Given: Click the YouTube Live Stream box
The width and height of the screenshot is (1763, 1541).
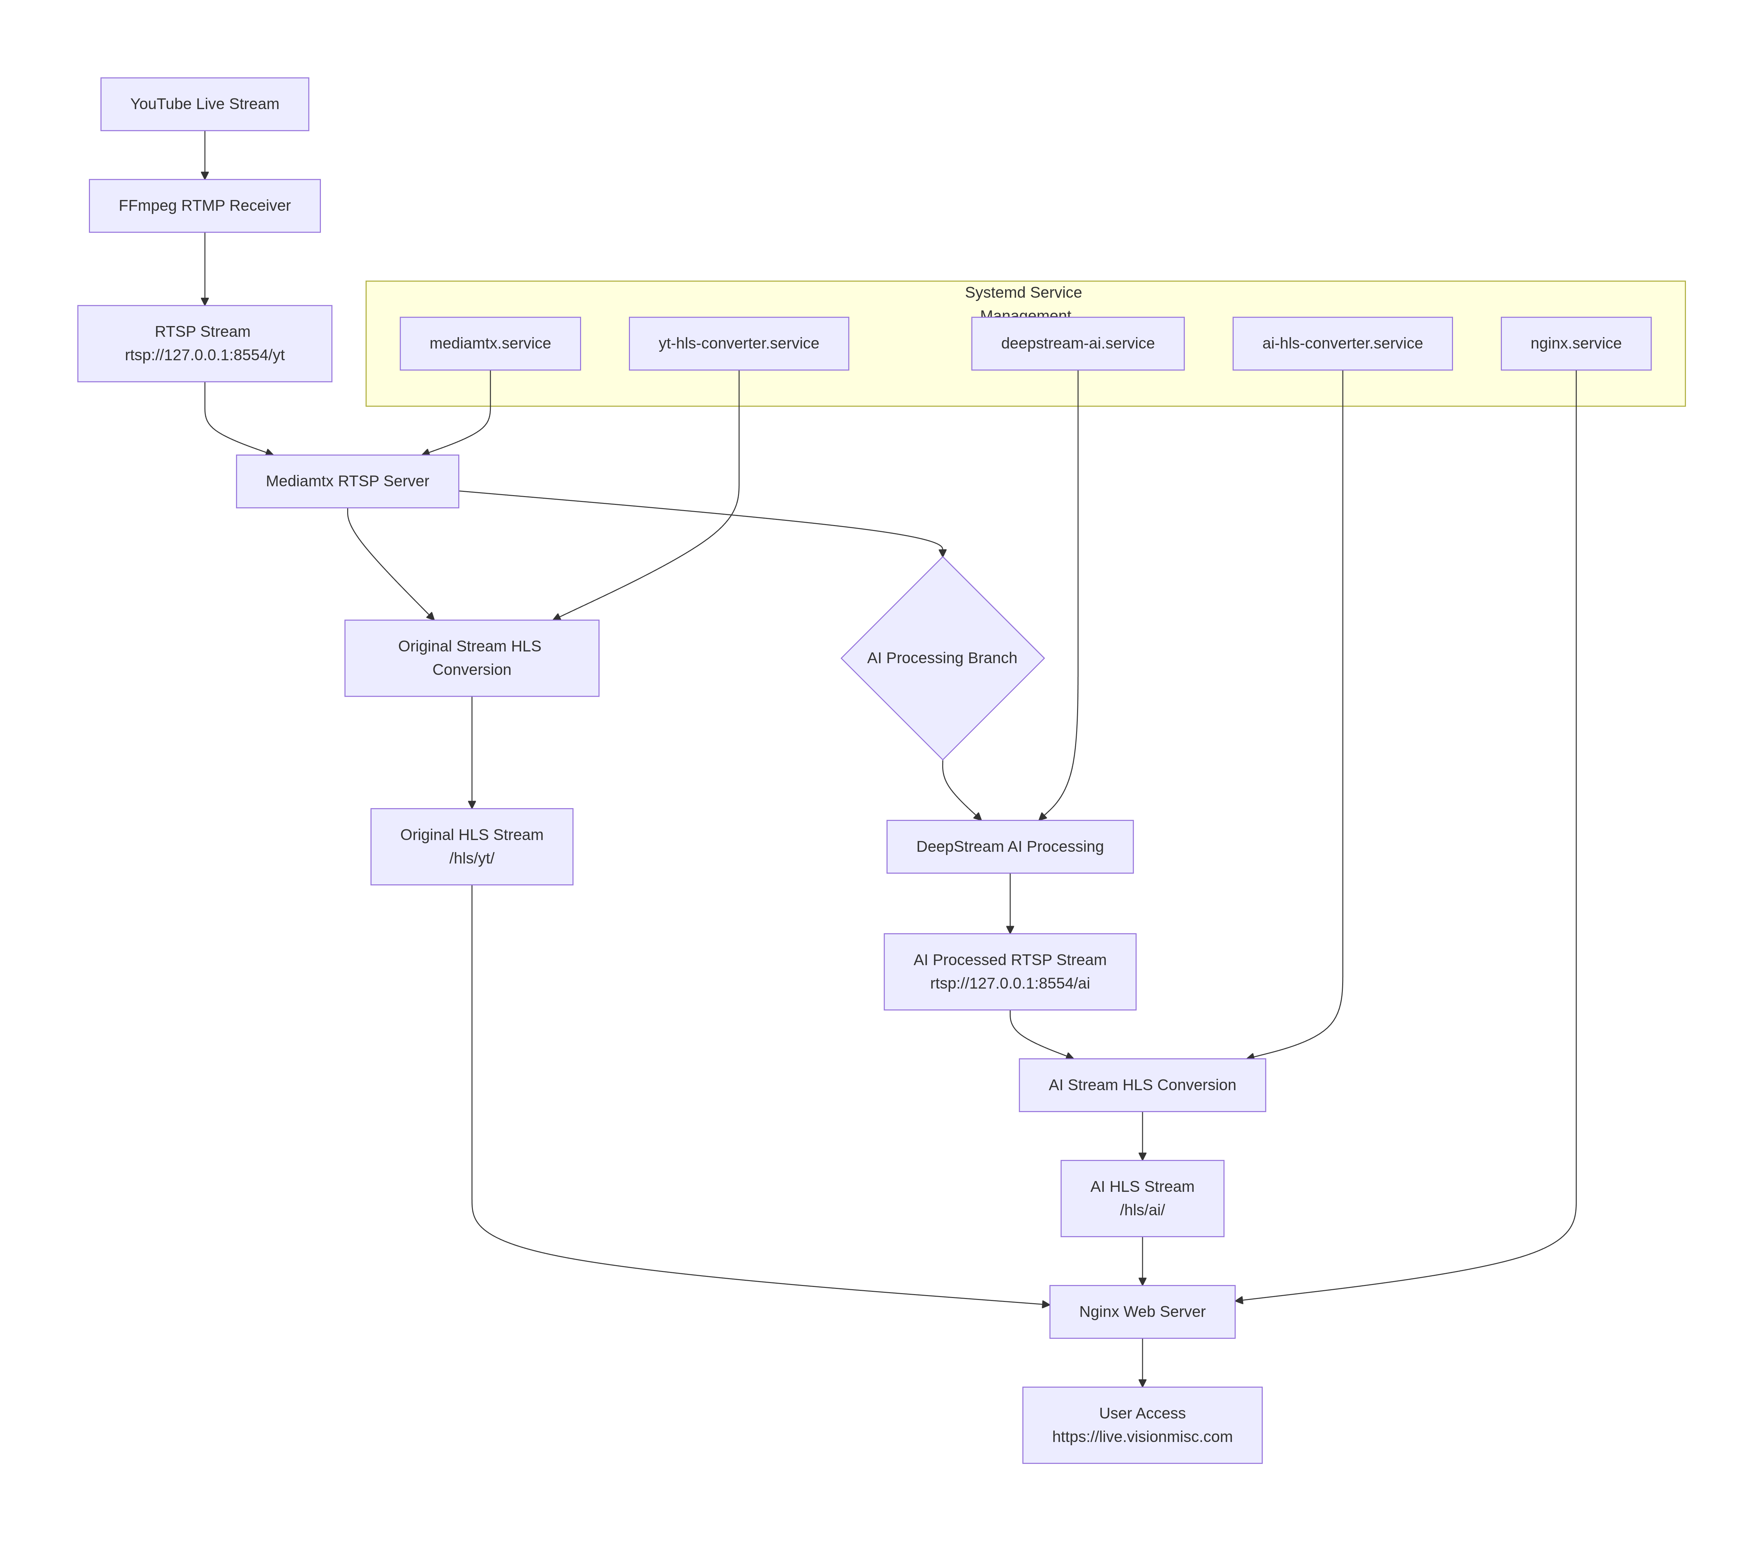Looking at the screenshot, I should [205, 104].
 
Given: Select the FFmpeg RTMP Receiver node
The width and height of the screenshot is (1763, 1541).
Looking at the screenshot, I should [205, 206].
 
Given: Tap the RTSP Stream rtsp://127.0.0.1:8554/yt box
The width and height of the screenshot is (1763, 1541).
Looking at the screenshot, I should [205, 343].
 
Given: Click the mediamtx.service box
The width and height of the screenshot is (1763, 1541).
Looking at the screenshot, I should [490, 343].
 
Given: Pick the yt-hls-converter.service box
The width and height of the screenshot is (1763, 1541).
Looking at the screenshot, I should [739, 343].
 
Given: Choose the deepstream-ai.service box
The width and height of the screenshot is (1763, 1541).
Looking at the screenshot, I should [1078, 343].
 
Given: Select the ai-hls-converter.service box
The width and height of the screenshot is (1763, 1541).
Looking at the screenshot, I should [1343, 343].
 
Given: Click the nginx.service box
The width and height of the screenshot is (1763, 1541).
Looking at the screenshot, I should [1575, 343].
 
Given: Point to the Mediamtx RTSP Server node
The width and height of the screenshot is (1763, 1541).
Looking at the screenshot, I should [348, 481].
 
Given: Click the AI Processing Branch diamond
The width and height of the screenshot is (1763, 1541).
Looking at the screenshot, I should [943, 658].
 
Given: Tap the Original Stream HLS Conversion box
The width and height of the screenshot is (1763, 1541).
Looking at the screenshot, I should [471, 658].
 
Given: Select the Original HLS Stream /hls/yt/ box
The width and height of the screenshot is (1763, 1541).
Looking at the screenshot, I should [471, 846].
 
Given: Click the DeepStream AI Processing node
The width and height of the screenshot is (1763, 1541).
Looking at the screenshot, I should [1010, 846].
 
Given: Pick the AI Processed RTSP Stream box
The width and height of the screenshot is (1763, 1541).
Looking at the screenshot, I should [1010, 971].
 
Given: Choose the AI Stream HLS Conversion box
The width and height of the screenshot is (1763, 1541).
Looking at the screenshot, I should [1142, 1084].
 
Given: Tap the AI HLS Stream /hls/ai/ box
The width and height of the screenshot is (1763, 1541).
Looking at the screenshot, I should [1142, 1198].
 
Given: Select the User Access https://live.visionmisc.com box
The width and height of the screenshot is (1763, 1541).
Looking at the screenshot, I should [1142, 1425].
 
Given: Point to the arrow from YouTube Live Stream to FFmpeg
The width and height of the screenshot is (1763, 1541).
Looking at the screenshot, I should [205, 155].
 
